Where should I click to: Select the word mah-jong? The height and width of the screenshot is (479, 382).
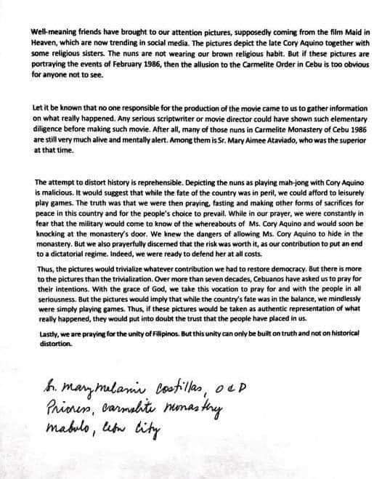[x=288, y=182]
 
